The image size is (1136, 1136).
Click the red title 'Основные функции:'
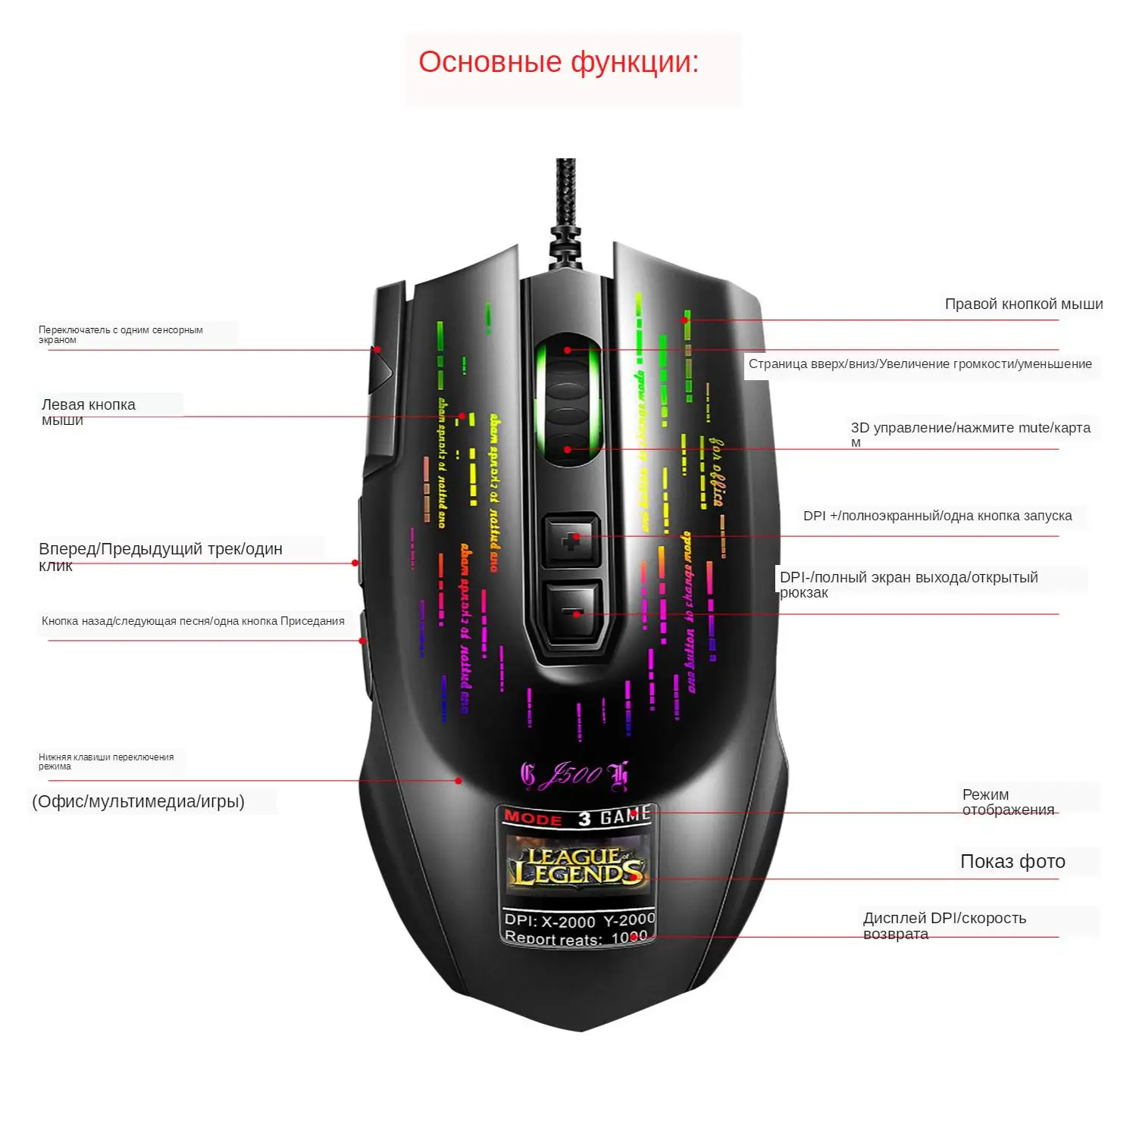559,62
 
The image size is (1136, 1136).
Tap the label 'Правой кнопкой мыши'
1023,304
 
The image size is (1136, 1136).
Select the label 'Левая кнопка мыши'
88,411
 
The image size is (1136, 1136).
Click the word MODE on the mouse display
533,818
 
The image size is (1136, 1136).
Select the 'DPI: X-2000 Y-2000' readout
579,919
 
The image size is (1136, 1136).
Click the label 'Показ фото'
1012,862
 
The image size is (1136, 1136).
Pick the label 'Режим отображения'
1007,802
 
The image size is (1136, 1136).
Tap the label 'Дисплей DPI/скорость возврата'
944,925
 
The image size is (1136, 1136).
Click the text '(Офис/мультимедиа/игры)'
138,801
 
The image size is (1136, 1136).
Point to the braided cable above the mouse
565,197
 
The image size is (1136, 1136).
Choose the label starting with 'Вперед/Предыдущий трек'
160,556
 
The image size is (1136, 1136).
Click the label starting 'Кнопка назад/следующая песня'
192,621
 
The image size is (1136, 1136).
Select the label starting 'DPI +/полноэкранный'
937,516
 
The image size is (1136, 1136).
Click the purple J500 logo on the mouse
574,775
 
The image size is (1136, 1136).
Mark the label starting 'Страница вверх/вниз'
920,364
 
